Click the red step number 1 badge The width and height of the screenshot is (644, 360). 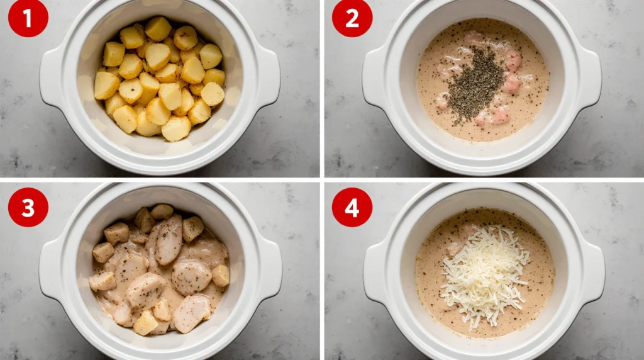[x=28, y=18]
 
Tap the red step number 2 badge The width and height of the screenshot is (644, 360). [x=352, y=18]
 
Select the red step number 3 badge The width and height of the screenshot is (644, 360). [x=28, y=207]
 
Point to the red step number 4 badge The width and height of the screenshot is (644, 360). [x=352, y=207]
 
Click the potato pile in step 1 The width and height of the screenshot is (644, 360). [x=160, y=79]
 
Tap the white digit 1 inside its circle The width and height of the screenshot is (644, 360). [x=28, y=18]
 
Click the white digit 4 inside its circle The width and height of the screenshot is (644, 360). [x=352, y=207]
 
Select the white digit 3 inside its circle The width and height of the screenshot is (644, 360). [x=28, y=207]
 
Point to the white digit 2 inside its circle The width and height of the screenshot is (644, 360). [x=352, y=18]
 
